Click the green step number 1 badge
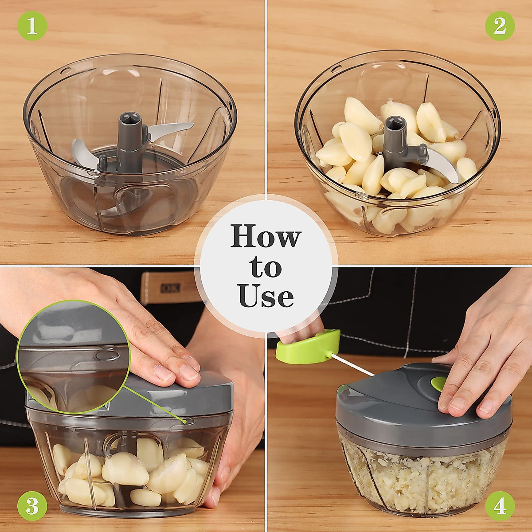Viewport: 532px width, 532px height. point(31,26)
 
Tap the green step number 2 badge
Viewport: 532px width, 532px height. point(500,26)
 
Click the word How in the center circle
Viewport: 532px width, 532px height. point(266,236)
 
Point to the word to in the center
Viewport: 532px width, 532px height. point(266,267)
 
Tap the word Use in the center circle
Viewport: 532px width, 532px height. point(266,296)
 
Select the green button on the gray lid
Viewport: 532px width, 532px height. point(438,384)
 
